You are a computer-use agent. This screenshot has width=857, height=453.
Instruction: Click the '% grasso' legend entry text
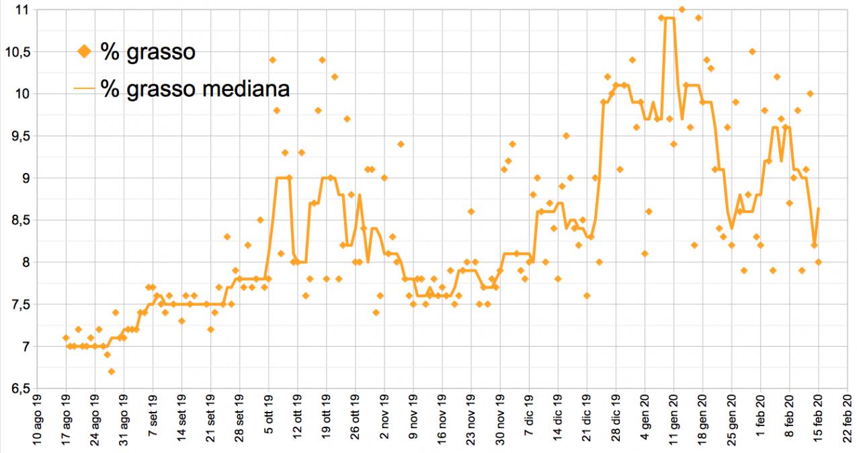click(149, 52)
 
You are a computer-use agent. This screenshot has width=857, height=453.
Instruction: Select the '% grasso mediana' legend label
click(195, 88)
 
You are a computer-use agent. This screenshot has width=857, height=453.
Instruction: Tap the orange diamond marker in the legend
click(85, 52)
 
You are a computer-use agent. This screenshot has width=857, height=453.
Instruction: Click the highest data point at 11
click(682, 9)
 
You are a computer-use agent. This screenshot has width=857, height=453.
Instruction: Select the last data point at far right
click(819, 262)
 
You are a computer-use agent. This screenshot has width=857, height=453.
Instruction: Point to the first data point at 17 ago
click(66, 338)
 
